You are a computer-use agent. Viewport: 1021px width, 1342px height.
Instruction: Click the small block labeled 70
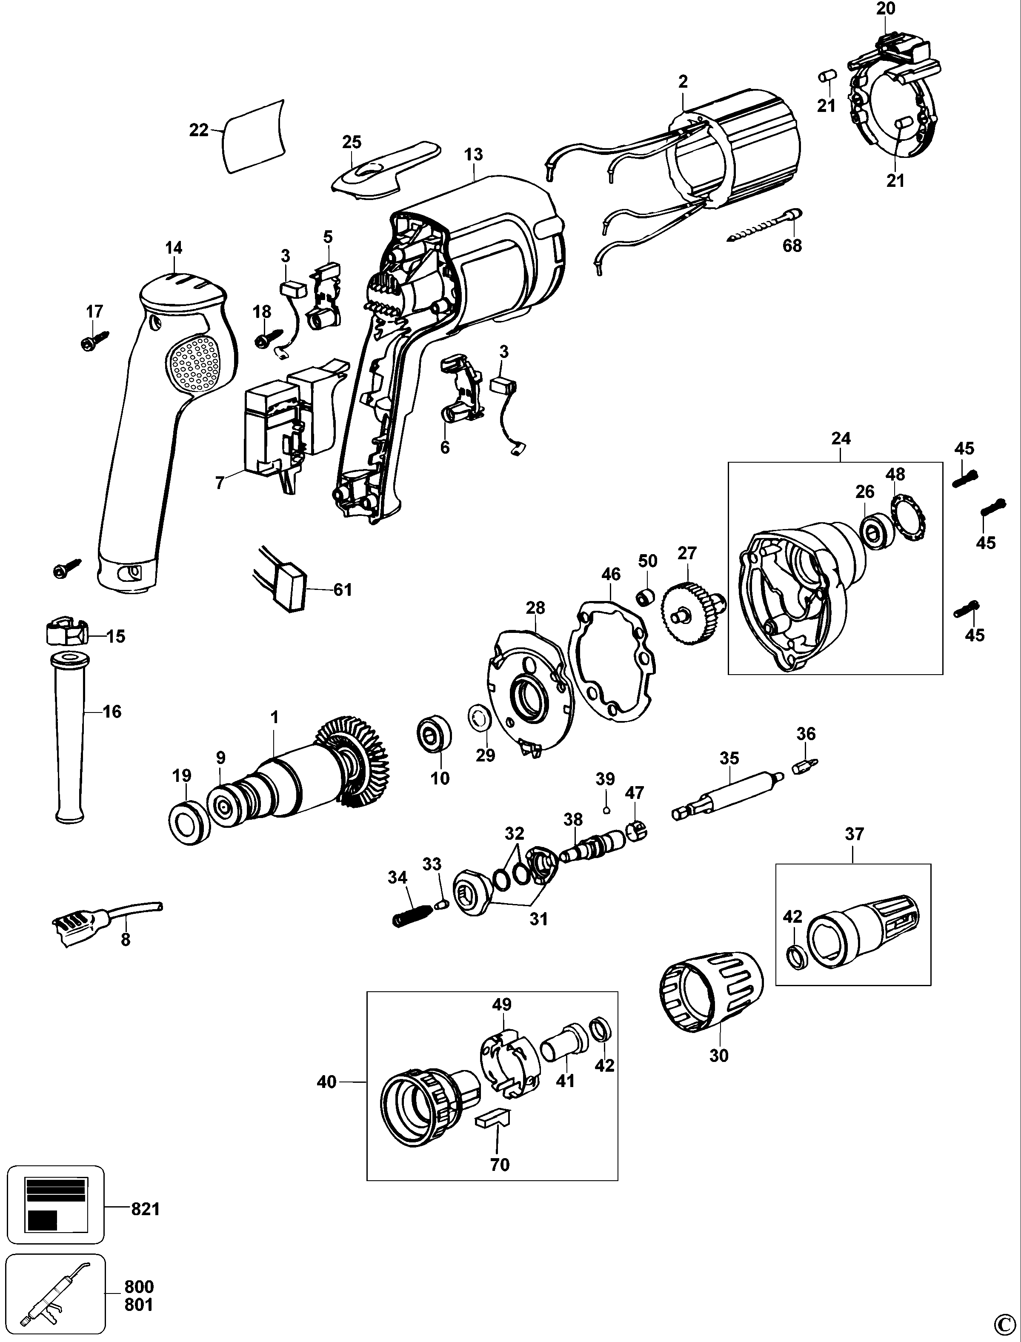493,1119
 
